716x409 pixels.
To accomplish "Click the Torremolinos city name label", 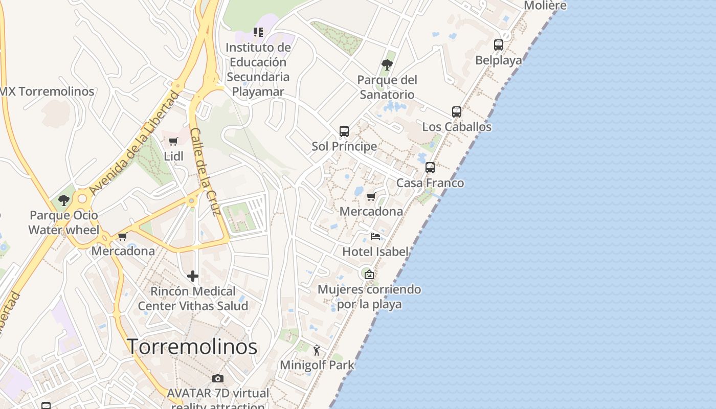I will pos(192,347).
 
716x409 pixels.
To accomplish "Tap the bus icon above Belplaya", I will pos(499,44).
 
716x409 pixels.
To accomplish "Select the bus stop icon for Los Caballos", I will pos(457,111).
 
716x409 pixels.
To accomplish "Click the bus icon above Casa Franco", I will pos(430,167).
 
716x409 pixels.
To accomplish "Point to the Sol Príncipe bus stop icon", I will pos(344,131).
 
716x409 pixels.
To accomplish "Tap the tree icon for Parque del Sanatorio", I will pos(387,64).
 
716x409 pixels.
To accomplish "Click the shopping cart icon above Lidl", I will pos(173,141).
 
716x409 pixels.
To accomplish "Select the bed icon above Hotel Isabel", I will pos(375,236).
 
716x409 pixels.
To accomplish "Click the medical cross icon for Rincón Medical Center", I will pos(193,276).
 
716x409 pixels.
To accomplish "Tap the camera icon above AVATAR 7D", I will pos(218,378).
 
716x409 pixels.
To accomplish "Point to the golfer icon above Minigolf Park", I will pos(317,350).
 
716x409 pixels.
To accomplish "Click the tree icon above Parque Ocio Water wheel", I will pos(63,200).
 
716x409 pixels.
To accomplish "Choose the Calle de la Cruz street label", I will pos(205,171).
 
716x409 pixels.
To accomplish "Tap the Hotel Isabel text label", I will pos(375,252).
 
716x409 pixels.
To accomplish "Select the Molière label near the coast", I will pos(545,6).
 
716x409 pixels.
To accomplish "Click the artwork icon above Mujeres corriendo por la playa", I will pos(369,275).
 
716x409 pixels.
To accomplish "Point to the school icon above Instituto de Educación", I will pos(258,32).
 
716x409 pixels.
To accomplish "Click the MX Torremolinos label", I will pos(48,92).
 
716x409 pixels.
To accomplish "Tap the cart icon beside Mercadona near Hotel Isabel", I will pos(371,196).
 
